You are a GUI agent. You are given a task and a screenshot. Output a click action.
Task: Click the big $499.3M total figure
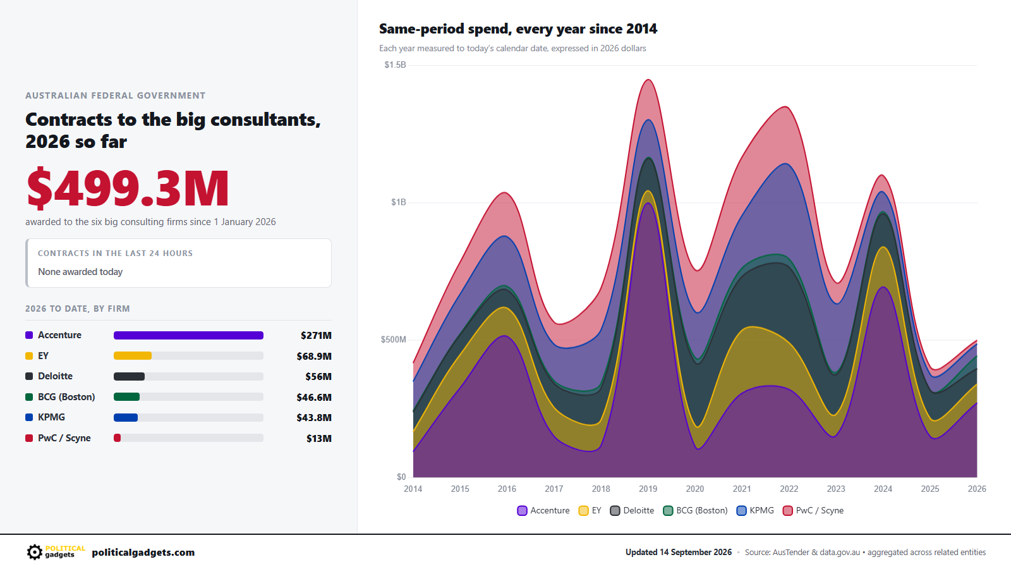(x=128, y=188)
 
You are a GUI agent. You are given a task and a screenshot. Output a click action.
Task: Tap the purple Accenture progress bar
(x=189, y=335)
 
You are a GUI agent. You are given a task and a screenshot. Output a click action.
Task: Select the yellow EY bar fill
(x=133, y=356)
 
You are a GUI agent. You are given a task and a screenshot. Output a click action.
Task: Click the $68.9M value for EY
(x=314, y=357)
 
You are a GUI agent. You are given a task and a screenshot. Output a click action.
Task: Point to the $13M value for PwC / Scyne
(x=319, y=439)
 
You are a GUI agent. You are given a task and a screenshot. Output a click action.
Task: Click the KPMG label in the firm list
(x=51, y=417)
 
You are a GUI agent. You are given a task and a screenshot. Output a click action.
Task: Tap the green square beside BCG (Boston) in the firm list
(x=29, y=397)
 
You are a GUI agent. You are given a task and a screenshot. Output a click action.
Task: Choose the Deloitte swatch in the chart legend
(x=615, y=511)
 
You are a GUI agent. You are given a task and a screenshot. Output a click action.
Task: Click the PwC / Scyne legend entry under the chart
(x=813, y=511)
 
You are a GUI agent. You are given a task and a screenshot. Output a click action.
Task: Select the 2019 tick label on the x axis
(x=648, y=489)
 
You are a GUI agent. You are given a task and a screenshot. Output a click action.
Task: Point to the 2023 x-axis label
(x=836, y=489)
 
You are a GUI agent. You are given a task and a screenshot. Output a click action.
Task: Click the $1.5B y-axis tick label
(x=396, y=65)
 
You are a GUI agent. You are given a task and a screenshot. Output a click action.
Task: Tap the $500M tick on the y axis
(x=394, y=340)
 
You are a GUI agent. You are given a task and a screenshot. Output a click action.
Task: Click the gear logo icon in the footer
(x=34, y=552)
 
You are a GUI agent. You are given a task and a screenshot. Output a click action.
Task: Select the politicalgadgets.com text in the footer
(x=143, y=553)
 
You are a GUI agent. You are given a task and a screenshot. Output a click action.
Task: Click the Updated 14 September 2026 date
(x=679, y=553)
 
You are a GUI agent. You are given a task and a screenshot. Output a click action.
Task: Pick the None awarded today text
(x=80, y=272)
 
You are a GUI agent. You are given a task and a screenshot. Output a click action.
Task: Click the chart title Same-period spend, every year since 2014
(x=518, y=29)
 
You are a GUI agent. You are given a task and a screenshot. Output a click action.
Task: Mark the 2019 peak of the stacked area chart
(x=648, y=80)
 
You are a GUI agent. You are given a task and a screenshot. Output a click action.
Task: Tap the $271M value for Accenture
(x=316, y=336)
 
